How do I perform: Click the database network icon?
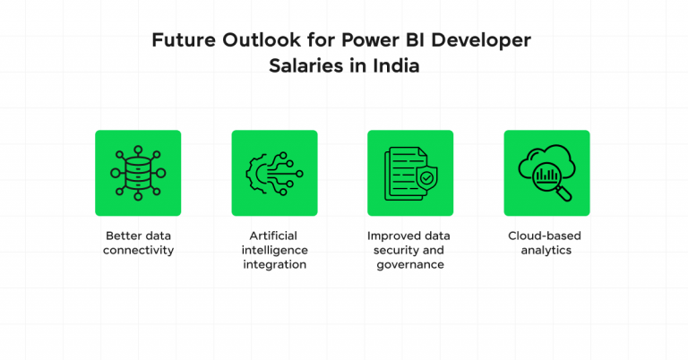pos(138,173)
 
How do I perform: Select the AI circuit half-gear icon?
pos(274,173)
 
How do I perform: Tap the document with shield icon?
pos(410,173)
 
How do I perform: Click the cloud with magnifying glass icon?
pos(546,173)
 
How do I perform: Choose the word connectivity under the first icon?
pos(138,250)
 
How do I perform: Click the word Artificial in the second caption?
pos(274,236)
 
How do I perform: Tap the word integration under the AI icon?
pos(274,264)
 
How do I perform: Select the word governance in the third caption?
pos(410,264)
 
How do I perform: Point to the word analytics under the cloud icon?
pos(546,250)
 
